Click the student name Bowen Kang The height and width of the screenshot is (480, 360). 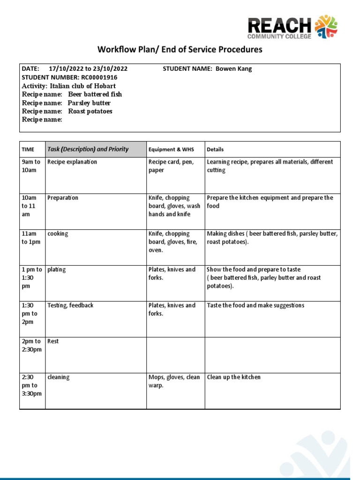pyautogui.click(x=233, y=69)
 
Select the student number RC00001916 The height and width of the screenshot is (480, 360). pyautogui.click(x=99, y=77)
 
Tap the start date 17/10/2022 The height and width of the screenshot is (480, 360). pyautogui.click(x=63, y=69)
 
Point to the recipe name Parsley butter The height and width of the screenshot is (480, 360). pyautogui.click(x=89, y=103)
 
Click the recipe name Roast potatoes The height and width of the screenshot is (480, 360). pyautogui.click(x=90, y=111)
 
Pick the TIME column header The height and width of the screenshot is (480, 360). pyautogui.click(x=28, y=150)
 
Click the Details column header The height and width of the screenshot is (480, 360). pyautogui.click(x=215, y=150)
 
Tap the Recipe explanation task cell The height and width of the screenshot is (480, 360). pyautogui.click(x=72, y=162)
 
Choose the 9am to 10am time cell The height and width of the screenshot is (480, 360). pyautogui.click(x=31, y=166)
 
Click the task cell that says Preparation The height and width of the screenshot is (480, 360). pyautogui.click(x=63, y=198)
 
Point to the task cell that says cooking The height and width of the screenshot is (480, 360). pyautogui.click(x=58, y=233)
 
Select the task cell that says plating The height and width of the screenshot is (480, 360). pyautogui.click(x=57, y=270)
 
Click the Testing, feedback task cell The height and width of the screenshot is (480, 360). pyautogui.click(x=70, y=305)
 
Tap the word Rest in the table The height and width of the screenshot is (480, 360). pyautogui.click(x=53, y=341)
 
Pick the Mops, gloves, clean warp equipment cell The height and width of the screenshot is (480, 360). pyautogui.click(x=174, y=382)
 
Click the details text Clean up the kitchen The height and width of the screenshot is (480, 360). pyautogui.click(x=233, y=377)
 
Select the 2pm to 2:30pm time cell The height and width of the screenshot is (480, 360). pyautogui.click(x=31, y=345)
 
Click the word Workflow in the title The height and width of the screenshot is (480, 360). pyautogui.click(x=114, y=49)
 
